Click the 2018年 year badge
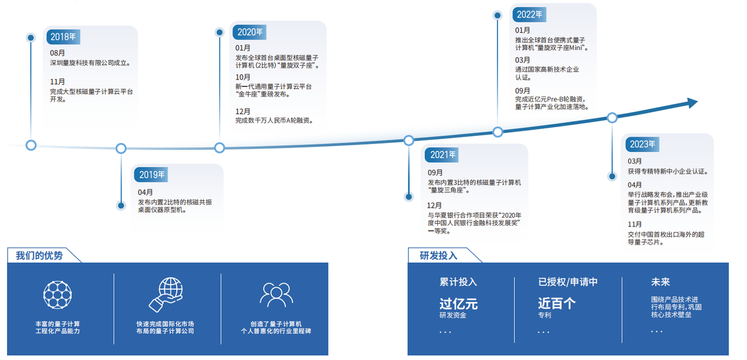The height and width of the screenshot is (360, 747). tap(64, 37)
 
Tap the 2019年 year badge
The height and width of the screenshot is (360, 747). tap(151, 174)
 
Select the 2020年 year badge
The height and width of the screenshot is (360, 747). tap(249, 32)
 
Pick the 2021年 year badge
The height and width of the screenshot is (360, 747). tap(442, 155)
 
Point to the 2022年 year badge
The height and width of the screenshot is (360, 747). tap(529, 15)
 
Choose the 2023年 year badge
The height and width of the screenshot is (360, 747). tap(643, 144)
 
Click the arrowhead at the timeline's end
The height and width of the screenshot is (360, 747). tap(692, 103)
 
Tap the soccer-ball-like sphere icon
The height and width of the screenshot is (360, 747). tap(57, 295)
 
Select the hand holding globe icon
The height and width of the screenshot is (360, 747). tap(166, 295)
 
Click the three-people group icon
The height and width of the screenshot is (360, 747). tap(277, 295)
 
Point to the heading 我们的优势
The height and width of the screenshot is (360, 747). tap(39, 256)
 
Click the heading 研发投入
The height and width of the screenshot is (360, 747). tap(438, 256)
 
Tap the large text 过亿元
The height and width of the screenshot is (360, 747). tap(459, 303)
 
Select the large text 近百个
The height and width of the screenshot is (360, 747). tap(557, 303)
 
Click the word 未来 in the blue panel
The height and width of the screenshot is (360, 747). tap(660, 282)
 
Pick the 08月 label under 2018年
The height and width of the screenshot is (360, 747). tap(57, 53)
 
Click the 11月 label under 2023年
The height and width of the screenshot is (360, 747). tap(634, 224)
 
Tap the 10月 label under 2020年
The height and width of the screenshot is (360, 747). tap(243, 78)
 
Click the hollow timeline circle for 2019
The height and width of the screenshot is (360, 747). tap(121, 148)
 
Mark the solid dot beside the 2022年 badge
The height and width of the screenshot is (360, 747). tap(497, 15)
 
